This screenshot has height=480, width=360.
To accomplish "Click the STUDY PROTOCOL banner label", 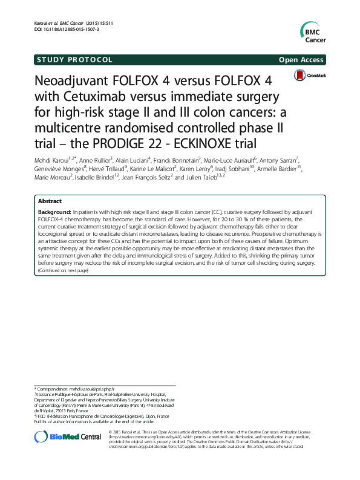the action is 74,60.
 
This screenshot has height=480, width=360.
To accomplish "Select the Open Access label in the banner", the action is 301,60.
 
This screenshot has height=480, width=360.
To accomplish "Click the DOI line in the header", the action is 67,28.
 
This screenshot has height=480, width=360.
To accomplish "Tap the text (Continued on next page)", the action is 63,270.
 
